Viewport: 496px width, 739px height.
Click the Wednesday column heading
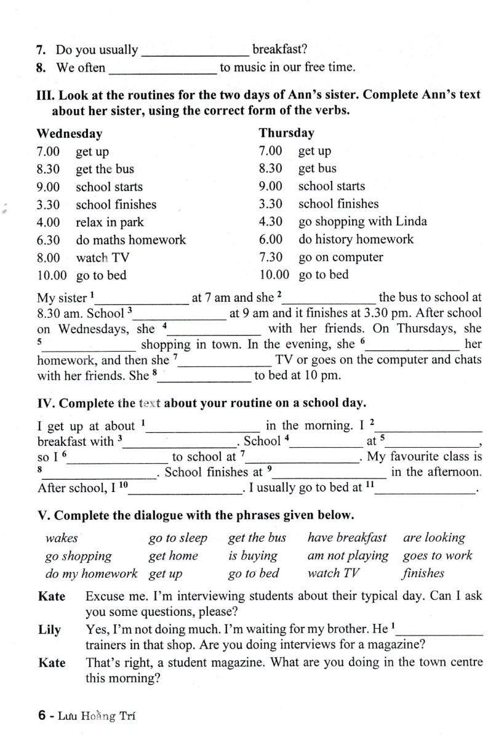70,134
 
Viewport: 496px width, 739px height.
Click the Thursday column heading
286,133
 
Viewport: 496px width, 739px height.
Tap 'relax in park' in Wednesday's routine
110,222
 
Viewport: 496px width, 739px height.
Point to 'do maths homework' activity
130,240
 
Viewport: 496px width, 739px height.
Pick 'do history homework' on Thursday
356,240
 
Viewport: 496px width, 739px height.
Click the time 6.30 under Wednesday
49,240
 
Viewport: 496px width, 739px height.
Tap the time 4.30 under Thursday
271,222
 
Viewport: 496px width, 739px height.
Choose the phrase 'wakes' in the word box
62,538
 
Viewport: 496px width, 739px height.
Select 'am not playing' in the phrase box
348,556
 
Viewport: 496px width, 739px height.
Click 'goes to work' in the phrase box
438,556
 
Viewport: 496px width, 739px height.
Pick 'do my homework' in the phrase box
92,574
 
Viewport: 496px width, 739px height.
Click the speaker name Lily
49,630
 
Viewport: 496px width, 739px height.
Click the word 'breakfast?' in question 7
279,50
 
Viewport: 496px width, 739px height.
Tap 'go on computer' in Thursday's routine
340,257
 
